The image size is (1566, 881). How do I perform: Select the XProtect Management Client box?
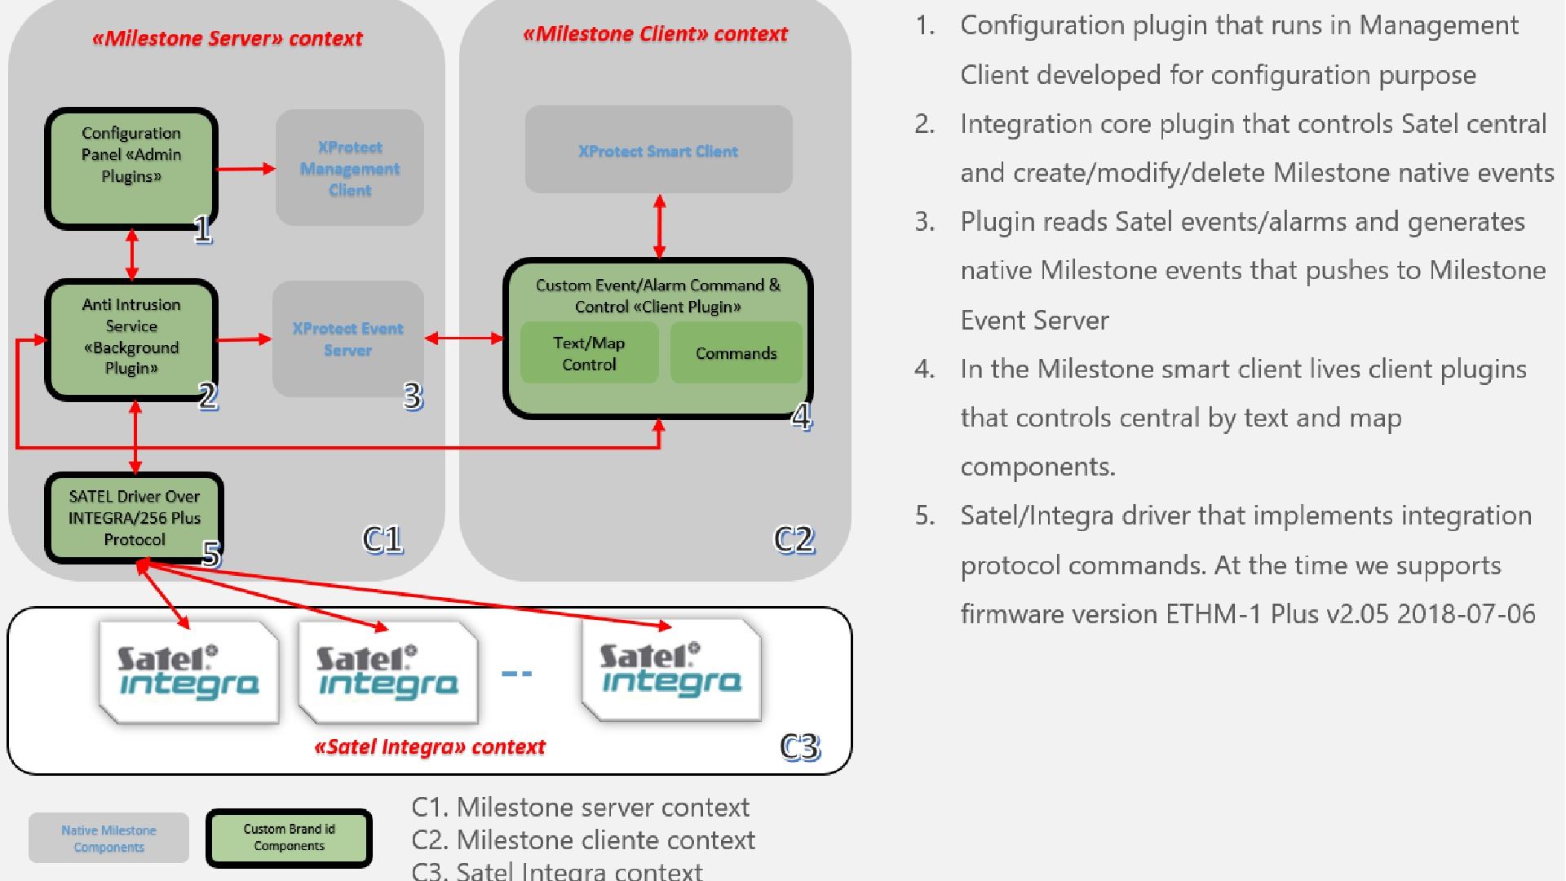(x=350, y=168)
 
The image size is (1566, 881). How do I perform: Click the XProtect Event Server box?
(x=348, y=339)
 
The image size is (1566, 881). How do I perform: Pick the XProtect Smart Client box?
(x=658, y=150)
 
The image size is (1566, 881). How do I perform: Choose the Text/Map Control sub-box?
(x=589, y=353)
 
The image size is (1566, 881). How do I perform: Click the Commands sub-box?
(x=736, y=353)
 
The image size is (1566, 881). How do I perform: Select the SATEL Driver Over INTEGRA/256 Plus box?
(x=135, y=518)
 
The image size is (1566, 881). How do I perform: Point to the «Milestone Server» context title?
(x=228, y=38)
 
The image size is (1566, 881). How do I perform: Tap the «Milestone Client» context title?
(x=655, y=33)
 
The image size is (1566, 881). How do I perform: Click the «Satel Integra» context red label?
(x=430, y=746)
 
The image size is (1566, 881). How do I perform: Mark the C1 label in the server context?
(x=383, y=539)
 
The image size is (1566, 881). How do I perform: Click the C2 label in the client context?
(x=794, y=539)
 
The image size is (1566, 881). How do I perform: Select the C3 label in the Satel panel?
(x=799, y=746)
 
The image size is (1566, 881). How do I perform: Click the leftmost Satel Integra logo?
(x=188, y=672)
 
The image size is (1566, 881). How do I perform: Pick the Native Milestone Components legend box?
(x=108, y=839)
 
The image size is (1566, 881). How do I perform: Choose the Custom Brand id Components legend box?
(x=289, y=838)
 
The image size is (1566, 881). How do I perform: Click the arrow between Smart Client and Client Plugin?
(x=659, y=226)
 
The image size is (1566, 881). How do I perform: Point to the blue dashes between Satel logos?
(x=516, y=673)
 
